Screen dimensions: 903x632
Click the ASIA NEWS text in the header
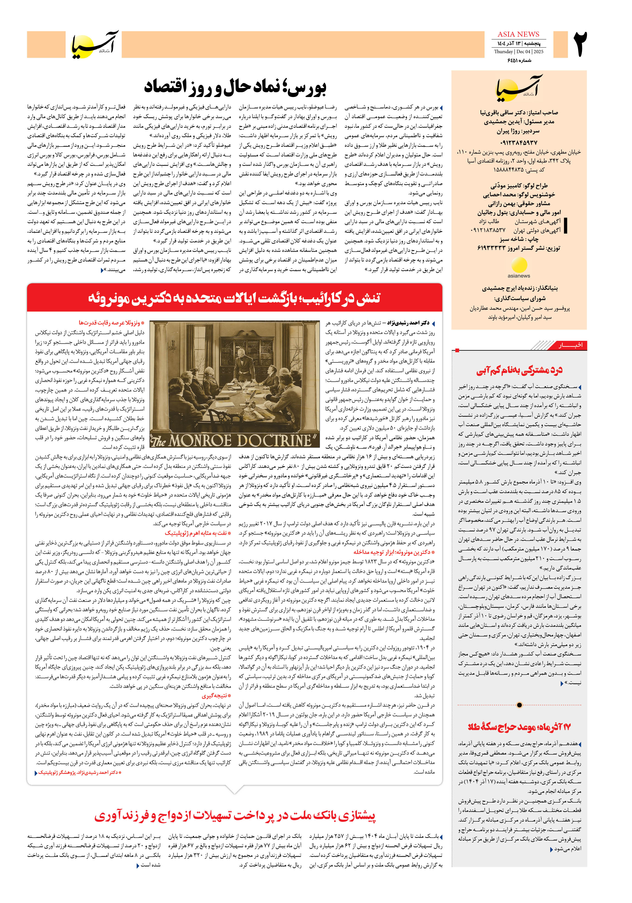518,34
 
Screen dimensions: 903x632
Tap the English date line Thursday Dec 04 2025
518,52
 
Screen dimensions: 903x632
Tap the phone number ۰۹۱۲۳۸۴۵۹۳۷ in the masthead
518,142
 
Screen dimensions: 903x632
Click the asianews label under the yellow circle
518,276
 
